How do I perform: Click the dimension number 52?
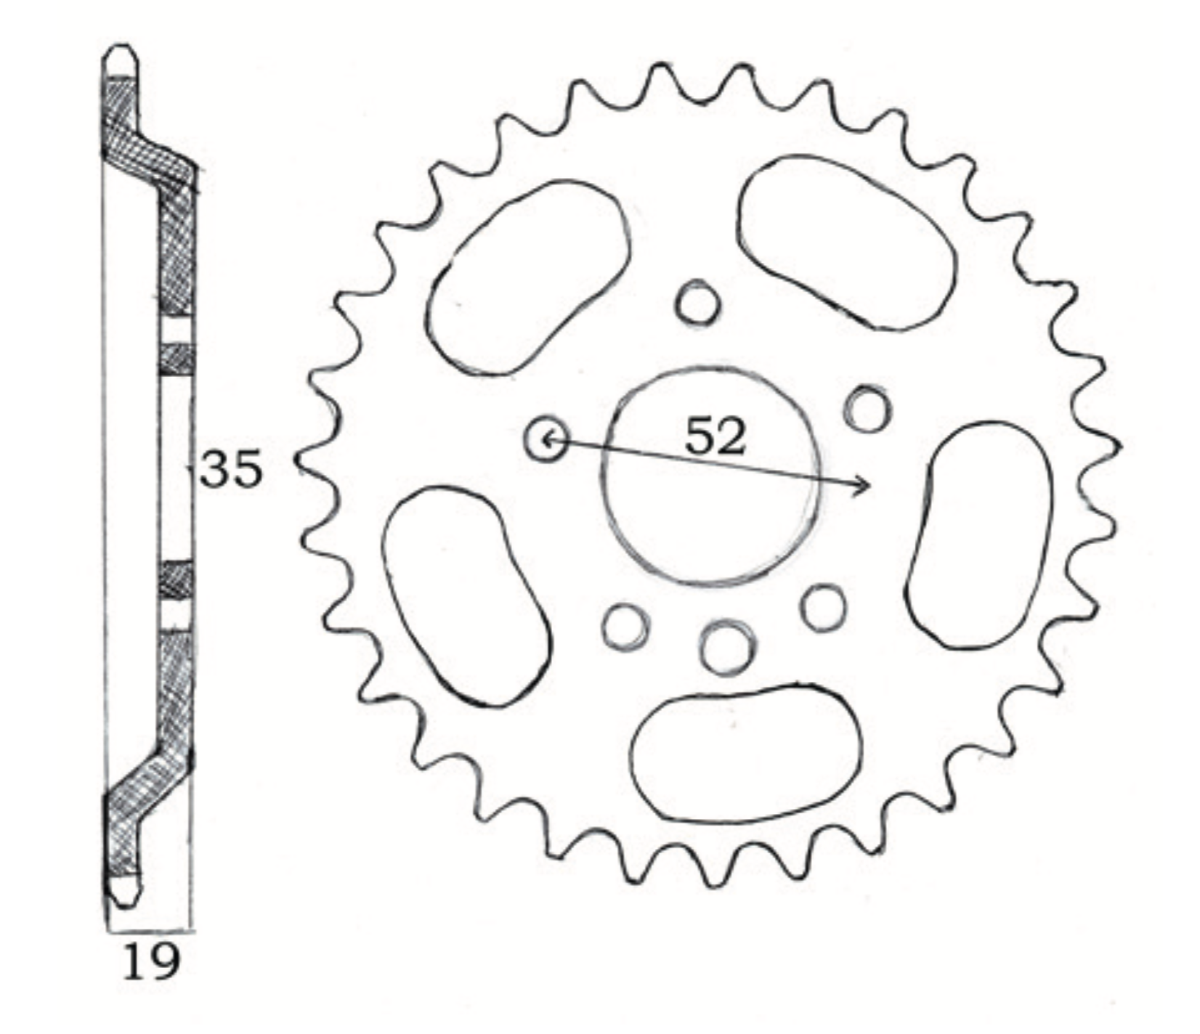[x=715, y=436]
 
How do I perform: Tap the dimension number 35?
[x=231, y=469]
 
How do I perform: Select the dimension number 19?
[x=151, y=962]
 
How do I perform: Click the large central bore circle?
[x=601, y=476]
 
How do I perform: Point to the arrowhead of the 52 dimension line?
[x=864, y=486]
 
